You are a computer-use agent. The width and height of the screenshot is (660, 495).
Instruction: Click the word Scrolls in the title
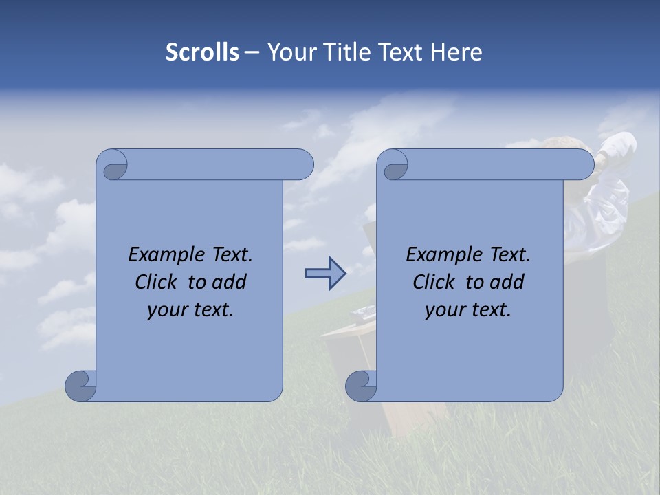(x=202, y=52)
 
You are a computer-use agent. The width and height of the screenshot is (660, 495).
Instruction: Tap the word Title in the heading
(x=351, y=52)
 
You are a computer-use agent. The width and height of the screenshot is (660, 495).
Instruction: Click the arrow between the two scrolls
(x=325, y=274)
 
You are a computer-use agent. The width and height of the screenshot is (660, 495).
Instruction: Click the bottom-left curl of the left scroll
(x=81, y=386)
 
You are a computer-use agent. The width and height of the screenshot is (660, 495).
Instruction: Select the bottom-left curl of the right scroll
(x=361, y=386)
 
